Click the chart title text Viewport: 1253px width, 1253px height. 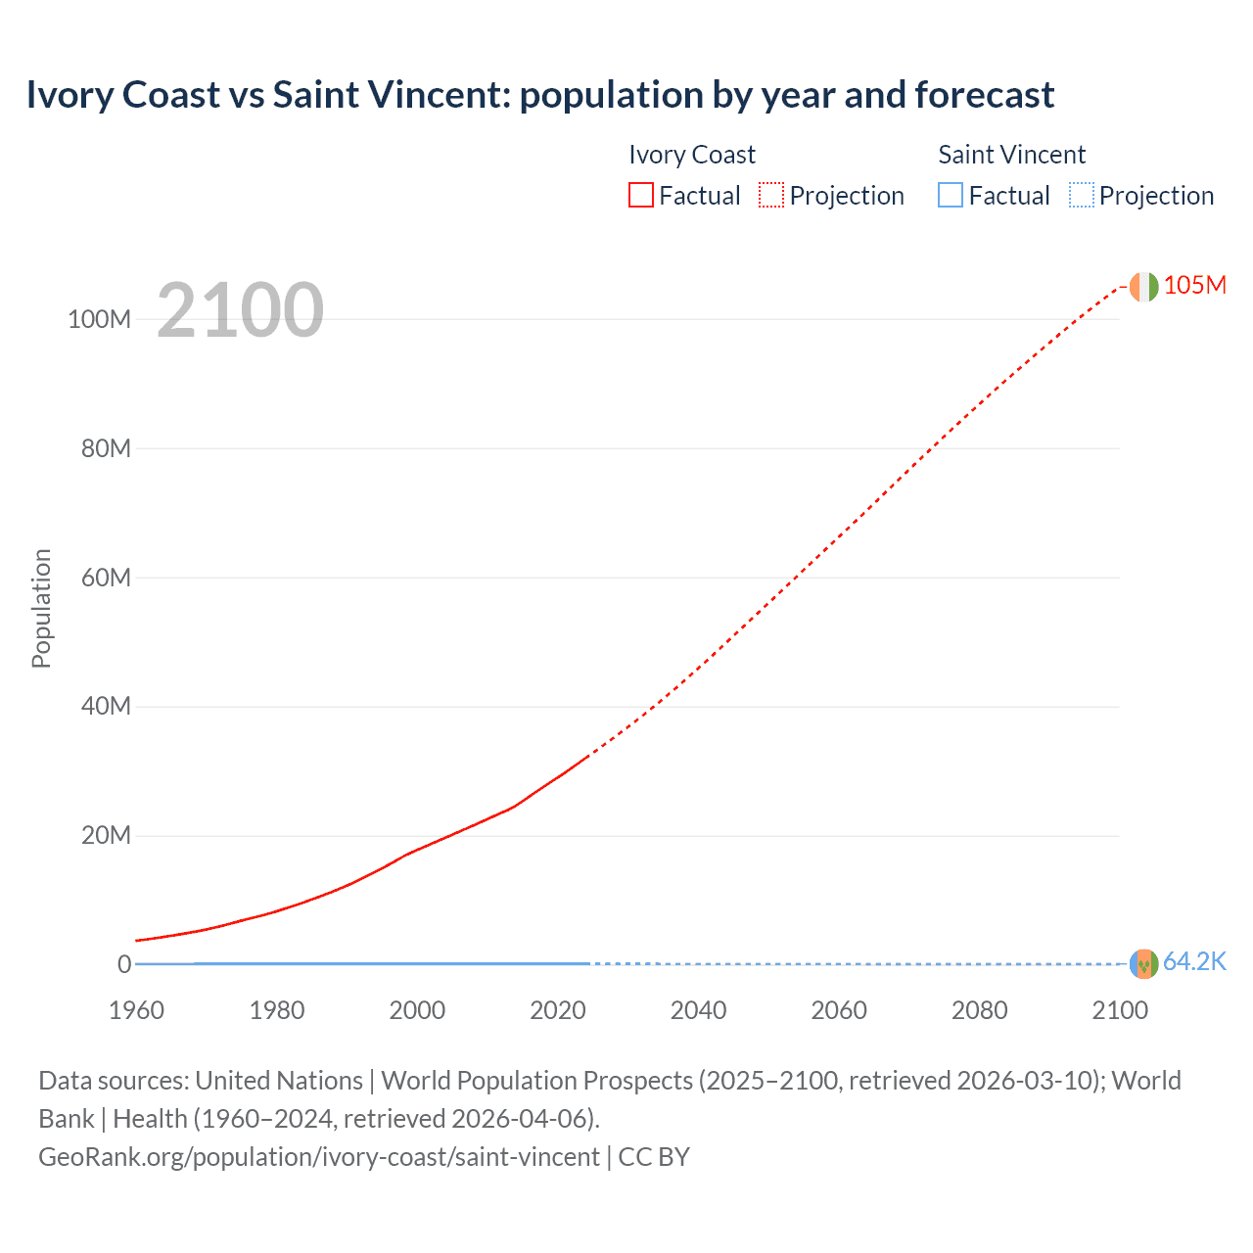click(x=539, y=95)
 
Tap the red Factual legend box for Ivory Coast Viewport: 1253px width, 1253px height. click(x=640, y=195)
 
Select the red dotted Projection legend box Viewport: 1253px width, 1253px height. click(x=771, y=195)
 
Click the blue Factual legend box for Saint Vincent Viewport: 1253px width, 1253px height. click(x=951, y=195)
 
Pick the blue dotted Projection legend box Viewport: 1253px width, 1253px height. click(x=1082, y=195)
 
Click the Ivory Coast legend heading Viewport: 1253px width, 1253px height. click(x=691, y=155)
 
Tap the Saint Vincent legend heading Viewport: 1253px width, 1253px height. click(x=1011, y=155)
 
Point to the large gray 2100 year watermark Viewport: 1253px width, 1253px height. click(x=240, y=310)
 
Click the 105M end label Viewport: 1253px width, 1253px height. click(x=1194, y=285)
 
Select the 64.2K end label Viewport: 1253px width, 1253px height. click(x=1194, y=962)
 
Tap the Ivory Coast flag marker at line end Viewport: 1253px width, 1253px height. click(x=1143, y=287)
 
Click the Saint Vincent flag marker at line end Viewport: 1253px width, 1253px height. click(x=1143, y=964)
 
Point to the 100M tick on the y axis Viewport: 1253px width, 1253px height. click(x=99, y=319)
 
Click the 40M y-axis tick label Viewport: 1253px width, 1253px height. click(x=105, y=707)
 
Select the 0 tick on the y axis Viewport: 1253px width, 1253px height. click(x=124, y=964)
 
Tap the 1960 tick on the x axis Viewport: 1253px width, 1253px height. click(x=136, y=1010)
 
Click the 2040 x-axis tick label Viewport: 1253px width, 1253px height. click(x=698, y=1010)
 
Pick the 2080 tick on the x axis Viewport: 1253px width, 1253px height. click(x=979, y=1010)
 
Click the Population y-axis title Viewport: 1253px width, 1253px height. click(x=41, y=608)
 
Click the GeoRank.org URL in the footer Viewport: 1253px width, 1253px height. click(x=319, y=1157)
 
